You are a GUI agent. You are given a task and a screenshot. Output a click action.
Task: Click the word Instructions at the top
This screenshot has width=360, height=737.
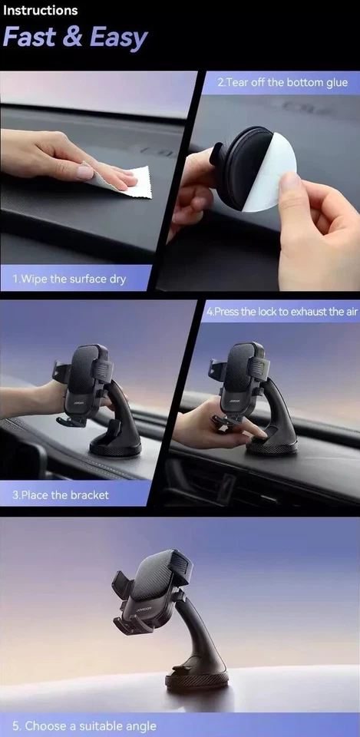point(39,11)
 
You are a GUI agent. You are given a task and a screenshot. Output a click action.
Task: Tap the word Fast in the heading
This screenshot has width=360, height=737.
point(31,38)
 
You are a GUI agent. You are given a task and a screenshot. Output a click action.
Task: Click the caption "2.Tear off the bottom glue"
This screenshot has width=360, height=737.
point(282,82)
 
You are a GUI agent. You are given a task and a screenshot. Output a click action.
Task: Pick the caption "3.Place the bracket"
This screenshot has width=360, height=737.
point(61,495)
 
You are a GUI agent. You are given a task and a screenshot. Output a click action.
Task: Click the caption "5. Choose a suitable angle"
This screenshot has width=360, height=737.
point(84,725)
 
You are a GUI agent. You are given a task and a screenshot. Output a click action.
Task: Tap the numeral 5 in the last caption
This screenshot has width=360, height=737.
point(16,725)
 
